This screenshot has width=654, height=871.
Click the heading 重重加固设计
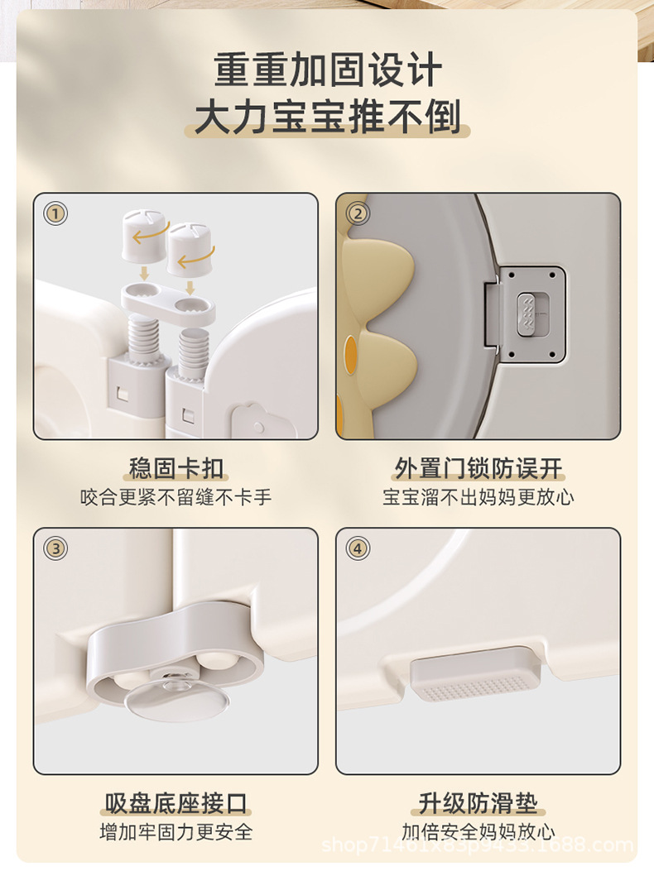point(327,69)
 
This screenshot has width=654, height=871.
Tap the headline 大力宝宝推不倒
point(327,117)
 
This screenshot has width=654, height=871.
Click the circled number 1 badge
point(55,214)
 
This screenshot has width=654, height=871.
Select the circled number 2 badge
point(357,214)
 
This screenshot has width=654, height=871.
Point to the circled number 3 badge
point(55,548)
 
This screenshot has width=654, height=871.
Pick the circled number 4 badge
point(357,548)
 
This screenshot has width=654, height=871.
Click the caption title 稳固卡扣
point(176,469)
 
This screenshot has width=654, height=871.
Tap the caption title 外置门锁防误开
point(478,469)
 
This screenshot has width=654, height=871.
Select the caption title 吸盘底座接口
point(176,803)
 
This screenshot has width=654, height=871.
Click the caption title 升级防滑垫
point(478,803)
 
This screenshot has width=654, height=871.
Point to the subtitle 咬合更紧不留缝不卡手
point(176,497)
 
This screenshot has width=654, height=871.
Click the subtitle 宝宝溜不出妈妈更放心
point(478,497)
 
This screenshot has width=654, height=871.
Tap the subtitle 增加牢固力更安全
point(176,831)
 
